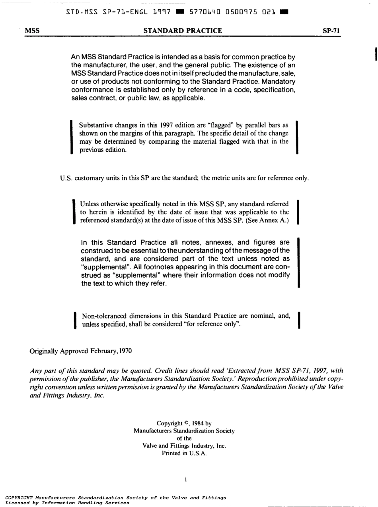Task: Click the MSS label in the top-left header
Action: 31,31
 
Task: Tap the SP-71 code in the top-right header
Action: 332,31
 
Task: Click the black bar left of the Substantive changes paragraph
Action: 72,137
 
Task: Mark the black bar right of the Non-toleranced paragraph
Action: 299,320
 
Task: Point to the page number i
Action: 185,480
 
